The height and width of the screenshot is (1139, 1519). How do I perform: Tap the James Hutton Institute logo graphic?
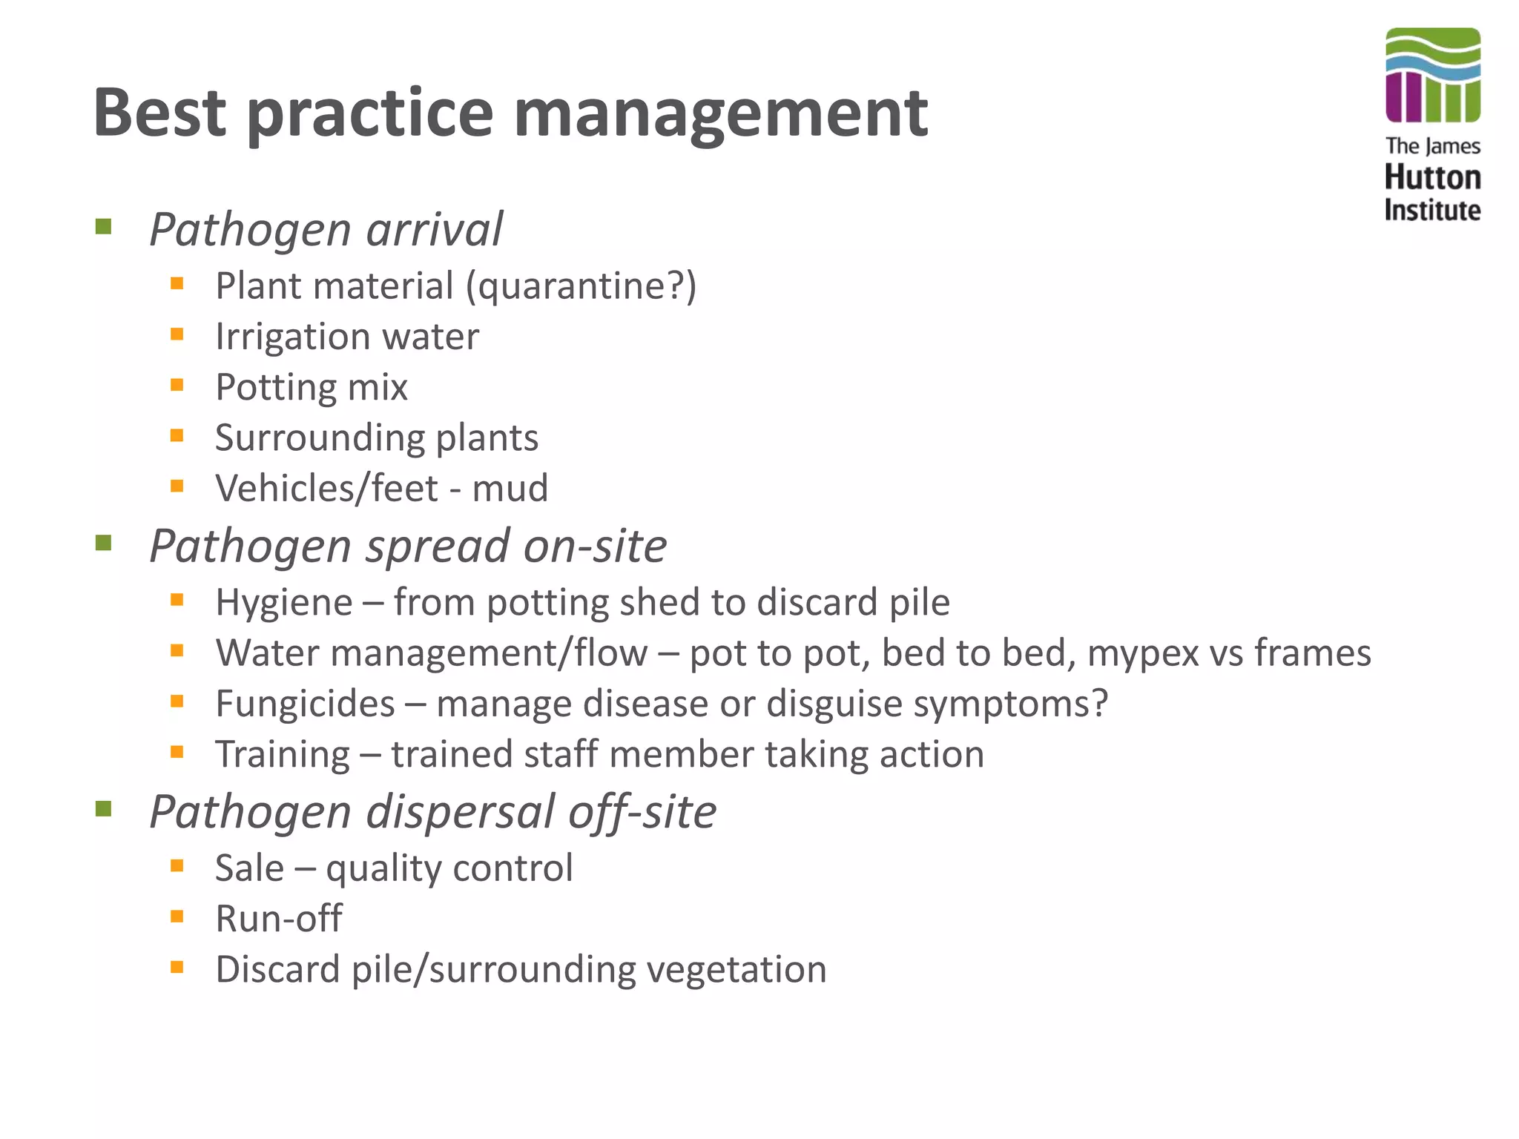click(1432, 75)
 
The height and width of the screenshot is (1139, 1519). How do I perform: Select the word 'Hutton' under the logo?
click(1432, 178)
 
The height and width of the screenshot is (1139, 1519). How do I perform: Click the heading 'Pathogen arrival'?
click(326, 229)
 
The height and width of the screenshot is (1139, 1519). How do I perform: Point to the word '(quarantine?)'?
click(581, 286)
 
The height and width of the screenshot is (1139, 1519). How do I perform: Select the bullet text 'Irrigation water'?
click(347, 337)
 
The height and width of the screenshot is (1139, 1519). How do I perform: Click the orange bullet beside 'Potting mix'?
click(177, 385)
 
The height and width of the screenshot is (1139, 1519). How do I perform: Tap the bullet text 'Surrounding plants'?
click(377, 438)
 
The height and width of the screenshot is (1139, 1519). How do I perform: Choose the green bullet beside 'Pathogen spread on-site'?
click(103, 544)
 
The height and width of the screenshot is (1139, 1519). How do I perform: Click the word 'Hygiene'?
click(284, 602)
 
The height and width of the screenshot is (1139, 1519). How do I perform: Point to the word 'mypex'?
click(1143, 653)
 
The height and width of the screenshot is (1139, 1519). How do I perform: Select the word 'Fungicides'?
click(305, 704)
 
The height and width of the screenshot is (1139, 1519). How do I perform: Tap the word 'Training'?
click(283, 754)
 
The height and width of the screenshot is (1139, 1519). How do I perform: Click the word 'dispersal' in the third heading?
click(459, 811)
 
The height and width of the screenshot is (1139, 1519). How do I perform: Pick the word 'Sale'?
click(249, 868)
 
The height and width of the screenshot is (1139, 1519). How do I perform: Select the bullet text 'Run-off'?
click(279, 919)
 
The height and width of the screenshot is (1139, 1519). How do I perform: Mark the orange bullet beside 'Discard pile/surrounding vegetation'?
click(177, 967)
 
